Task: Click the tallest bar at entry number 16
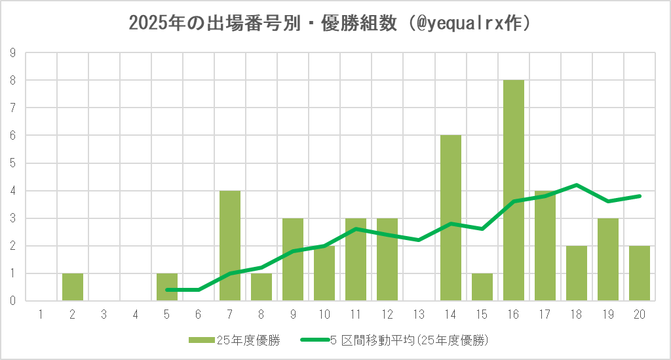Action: coord(514,190)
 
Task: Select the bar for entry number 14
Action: coord(451,218)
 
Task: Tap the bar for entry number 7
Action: coord(230,246)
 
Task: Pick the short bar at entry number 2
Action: coord(73,287)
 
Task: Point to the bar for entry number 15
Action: coord(482,287)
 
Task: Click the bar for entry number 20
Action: coord(640,273)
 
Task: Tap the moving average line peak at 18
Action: coord(577,185)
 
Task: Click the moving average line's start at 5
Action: coord(167,289)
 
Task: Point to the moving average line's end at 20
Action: coord(640,196)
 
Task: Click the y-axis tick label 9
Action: coord(12,53)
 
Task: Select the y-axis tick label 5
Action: coord(12,163)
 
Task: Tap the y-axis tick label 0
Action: coord(12,301)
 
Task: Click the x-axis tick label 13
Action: coord(419,315)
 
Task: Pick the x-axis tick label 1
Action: coord(41,315)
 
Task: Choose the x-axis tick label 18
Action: coord(577,315)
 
